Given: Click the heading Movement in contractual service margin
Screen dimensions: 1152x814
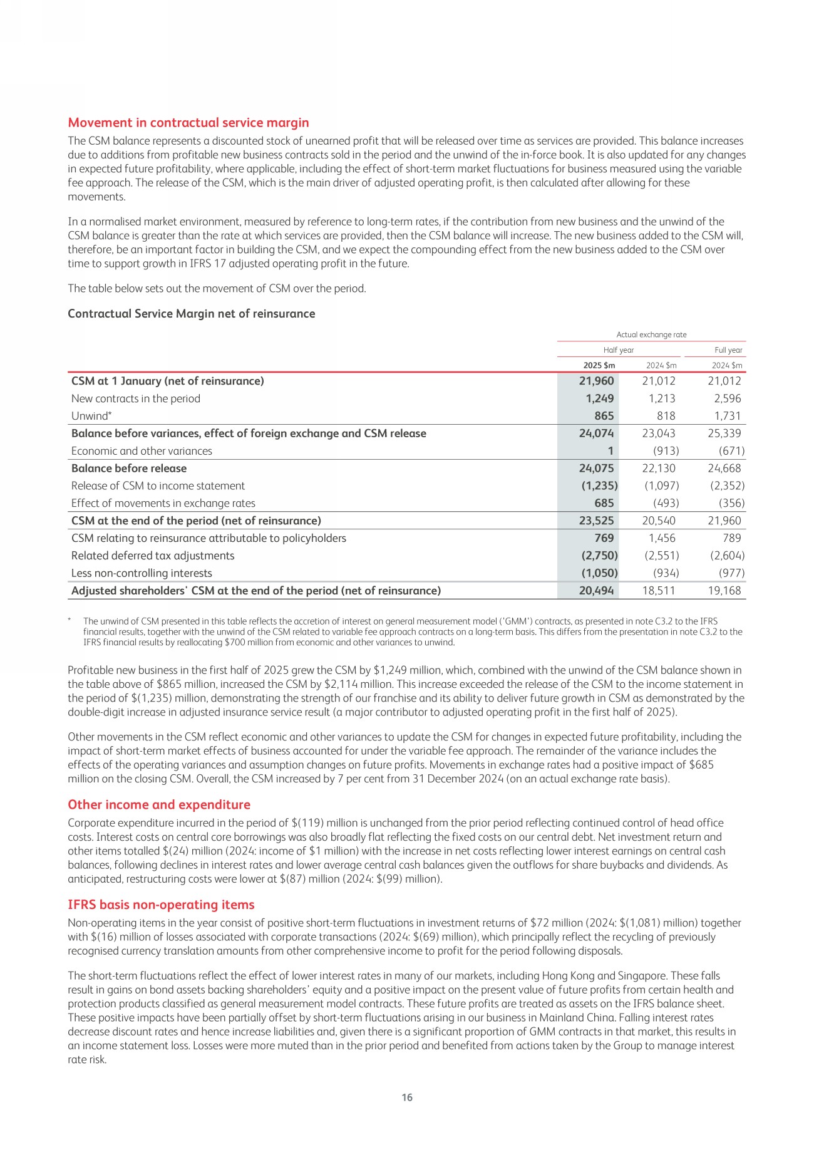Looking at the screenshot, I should click(188, 123).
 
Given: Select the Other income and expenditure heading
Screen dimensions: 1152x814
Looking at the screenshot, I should click(158, 805).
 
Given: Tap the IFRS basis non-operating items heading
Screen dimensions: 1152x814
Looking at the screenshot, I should click(161, 905).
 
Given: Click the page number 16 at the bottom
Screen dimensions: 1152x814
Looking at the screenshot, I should click(407, 1098).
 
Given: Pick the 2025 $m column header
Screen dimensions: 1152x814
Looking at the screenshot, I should click(600, 365).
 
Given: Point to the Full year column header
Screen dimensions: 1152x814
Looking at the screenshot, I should click(728, 350).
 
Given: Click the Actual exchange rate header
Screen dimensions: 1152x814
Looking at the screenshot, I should click(651, 335).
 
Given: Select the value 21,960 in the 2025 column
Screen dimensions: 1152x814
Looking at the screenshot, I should click(596, 381).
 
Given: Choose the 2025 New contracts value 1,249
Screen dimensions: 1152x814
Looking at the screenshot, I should click(599, 398).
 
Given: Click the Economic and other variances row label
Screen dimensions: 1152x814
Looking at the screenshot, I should click(142, 451).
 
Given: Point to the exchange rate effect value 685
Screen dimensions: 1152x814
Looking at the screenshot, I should click(602, 503).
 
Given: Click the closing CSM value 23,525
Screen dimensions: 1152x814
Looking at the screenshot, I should click(596, 521).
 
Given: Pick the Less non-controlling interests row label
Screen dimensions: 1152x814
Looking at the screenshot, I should click(142, 573).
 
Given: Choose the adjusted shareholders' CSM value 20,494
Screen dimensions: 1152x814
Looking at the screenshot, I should click(596, 591).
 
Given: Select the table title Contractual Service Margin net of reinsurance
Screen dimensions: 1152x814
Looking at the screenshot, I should click(191, 314).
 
